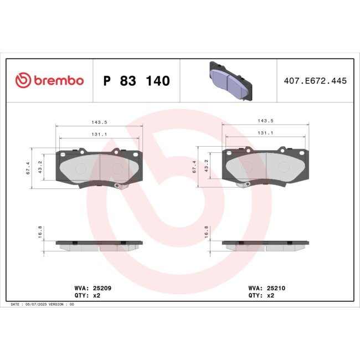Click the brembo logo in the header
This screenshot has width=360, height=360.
coord(49,81)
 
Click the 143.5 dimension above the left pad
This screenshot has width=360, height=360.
coord(100,121)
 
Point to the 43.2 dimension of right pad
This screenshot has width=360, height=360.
coord(207,167)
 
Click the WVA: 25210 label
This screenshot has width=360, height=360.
coord(267,289)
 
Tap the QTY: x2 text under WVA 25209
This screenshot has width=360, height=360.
coord(87,296)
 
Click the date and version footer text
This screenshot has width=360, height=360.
coord(42,304)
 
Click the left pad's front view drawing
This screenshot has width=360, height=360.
coord(100,167)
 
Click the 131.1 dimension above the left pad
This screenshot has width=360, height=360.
coord(100,133)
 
